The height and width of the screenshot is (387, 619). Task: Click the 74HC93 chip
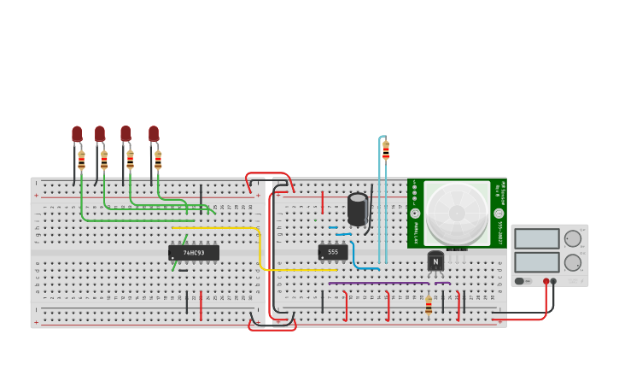point(194,253)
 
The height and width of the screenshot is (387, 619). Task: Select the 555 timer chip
point(333,252)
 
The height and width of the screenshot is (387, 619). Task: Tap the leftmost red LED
point(77,134)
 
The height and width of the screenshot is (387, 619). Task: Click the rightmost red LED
point(154,134)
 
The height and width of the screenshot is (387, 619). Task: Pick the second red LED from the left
point(100,134)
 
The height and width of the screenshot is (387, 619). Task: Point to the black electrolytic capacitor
point(358,209)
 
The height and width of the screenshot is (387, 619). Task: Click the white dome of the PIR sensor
point(457,213)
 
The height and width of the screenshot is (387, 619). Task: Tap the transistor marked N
point(435,261)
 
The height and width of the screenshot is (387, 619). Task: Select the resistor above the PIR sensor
point(386,151)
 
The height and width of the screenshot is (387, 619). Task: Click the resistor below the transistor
point(429,306)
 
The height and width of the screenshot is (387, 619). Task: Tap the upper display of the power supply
point(536,238)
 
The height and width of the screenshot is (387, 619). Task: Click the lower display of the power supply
point(536,261)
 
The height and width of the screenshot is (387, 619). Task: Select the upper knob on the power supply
point(572,239)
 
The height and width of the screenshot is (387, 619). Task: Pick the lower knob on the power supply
point(572,262)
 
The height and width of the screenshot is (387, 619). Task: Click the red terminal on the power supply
point(546,281)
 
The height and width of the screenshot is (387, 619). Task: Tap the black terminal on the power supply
point(554,281)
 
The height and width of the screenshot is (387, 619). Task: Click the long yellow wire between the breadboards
point(260,248)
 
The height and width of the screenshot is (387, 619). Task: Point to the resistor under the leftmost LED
point(82,161)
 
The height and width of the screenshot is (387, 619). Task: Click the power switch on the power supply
point(519,280)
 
